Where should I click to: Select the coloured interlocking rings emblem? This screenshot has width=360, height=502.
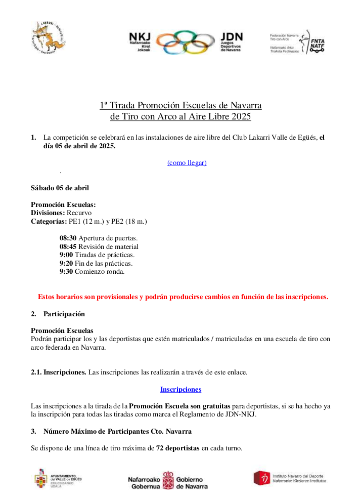186,42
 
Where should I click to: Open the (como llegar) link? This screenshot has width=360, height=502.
187,162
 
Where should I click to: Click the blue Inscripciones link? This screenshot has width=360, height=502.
181,389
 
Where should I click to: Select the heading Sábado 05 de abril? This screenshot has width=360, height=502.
60,188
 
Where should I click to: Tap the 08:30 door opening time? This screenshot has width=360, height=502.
68,238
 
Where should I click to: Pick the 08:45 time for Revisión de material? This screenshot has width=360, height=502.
68,246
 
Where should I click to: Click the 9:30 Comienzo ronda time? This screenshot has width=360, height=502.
66,271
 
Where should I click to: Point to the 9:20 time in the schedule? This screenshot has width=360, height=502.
66,263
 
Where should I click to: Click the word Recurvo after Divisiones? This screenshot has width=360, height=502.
79,213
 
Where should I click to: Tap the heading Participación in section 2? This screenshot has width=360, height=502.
64,314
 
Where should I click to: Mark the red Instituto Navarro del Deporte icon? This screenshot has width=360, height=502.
261,477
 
